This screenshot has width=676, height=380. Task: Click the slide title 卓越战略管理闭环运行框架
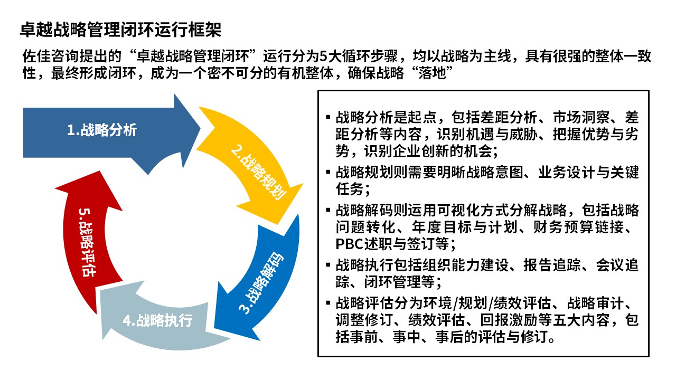pyautogui.click(x=120, y=30)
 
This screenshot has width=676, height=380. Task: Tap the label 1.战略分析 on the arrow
pyautogui.click(x=102, y=130)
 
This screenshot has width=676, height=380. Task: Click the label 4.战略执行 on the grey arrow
pyautogui.click(x=157, y=320)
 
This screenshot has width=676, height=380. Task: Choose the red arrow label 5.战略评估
pyautogui.click(x=86, y=242)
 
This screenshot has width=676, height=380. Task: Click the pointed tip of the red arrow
pyautogui.click(x=99, y=172)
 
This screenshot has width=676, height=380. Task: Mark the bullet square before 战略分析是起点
pyautogui.click(x=328, y=117)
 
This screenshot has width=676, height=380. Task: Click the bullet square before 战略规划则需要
pyautogui.click(x=328, y=172)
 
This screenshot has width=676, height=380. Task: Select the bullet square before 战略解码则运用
pyautogui.click(x=328, y=210)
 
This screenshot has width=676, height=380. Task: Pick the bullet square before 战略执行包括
pyautogui.click(x=328, y=265)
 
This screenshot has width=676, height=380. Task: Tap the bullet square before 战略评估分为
pyautogui.click(x=328, y=303)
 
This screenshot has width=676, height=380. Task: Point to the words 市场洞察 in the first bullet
pyautogui.click(x=581, y=117)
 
